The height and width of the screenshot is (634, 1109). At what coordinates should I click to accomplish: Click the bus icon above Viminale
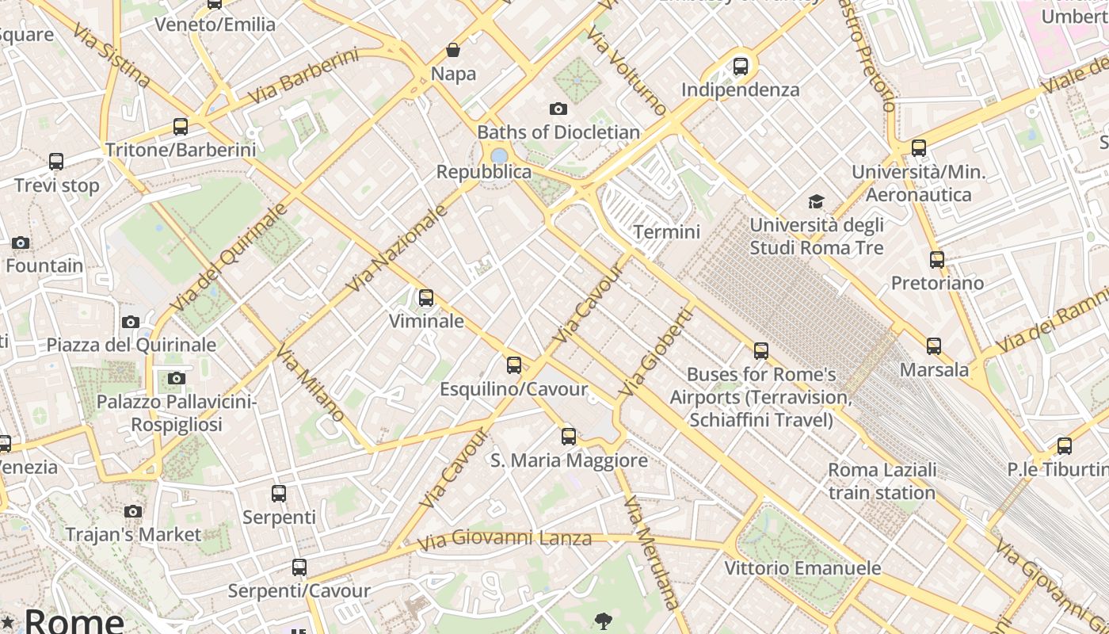click(x=426, y=298)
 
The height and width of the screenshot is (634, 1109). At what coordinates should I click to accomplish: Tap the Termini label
click(x=667, y=231)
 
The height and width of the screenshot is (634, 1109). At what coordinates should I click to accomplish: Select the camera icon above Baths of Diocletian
click(x=558, y=109)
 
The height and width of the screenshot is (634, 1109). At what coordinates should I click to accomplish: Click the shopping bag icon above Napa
click(x=453, y=51)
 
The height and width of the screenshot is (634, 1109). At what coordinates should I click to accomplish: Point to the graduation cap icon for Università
click(x=816, y=202)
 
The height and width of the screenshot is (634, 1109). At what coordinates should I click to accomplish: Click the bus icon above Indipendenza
click(x=741, y=67)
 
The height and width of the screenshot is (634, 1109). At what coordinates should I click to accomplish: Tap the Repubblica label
click(x=484, y=172)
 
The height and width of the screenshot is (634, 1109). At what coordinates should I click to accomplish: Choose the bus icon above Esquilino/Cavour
click(x=514, y=365)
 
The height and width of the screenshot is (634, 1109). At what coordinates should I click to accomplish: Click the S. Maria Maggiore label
click(x=569, y=460)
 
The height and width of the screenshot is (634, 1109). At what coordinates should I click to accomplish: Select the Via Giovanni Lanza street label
click(x=505, y=540)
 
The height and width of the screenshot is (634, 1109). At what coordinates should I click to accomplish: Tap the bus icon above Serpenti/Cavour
click(x=299, y=567)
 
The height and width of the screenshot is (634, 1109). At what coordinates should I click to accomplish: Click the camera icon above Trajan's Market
click(x=133, y=511)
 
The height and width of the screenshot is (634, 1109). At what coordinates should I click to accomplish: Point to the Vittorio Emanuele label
click(x=802, y=568)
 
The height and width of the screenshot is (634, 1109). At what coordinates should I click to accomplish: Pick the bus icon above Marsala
click(x=934, y=346)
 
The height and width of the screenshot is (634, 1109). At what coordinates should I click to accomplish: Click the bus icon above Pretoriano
click(x=937, y=260)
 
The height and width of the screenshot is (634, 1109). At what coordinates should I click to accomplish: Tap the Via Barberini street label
click(x=303, y=76)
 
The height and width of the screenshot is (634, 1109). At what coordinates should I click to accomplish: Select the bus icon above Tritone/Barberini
click(x=181, y=127)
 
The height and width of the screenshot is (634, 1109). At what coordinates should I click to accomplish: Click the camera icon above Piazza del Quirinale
click(x=131, y=322)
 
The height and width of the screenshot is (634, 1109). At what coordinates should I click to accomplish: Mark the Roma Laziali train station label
click(x=882, y=481)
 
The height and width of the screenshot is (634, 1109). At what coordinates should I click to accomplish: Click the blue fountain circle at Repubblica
click(x=499, y=155)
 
